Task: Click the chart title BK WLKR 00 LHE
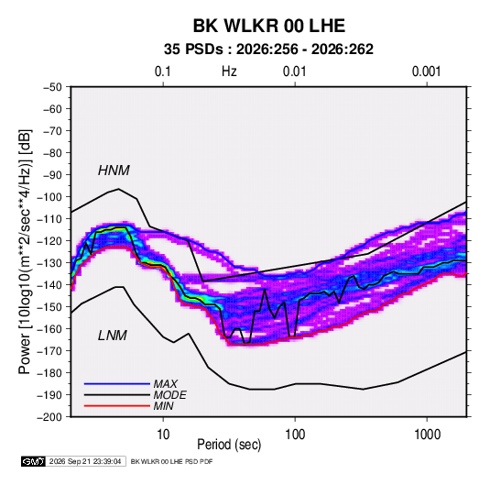(268, 26)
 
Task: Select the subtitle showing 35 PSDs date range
(268, 50)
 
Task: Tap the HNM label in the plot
(114, 171)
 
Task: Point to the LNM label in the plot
(113, 336)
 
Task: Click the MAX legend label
(165, 384)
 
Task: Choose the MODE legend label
(170, 395)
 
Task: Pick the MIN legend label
(163, 406)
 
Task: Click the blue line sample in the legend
(117, 384)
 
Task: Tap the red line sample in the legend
(117, 406)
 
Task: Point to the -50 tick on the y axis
(53, 87)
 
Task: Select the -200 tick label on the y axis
(49, 417)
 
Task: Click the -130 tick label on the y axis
(49, 263)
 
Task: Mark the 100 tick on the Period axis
(295, 435)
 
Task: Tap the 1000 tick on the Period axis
(427, 435)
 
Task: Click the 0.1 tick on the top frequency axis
(163, 72)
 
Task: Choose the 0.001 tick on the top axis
(427, 72)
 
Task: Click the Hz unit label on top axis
(229, 72)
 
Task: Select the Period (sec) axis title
(229, 445)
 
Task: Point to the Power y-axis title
(25, 252)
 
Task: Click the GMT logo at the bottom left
(33, 461)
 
